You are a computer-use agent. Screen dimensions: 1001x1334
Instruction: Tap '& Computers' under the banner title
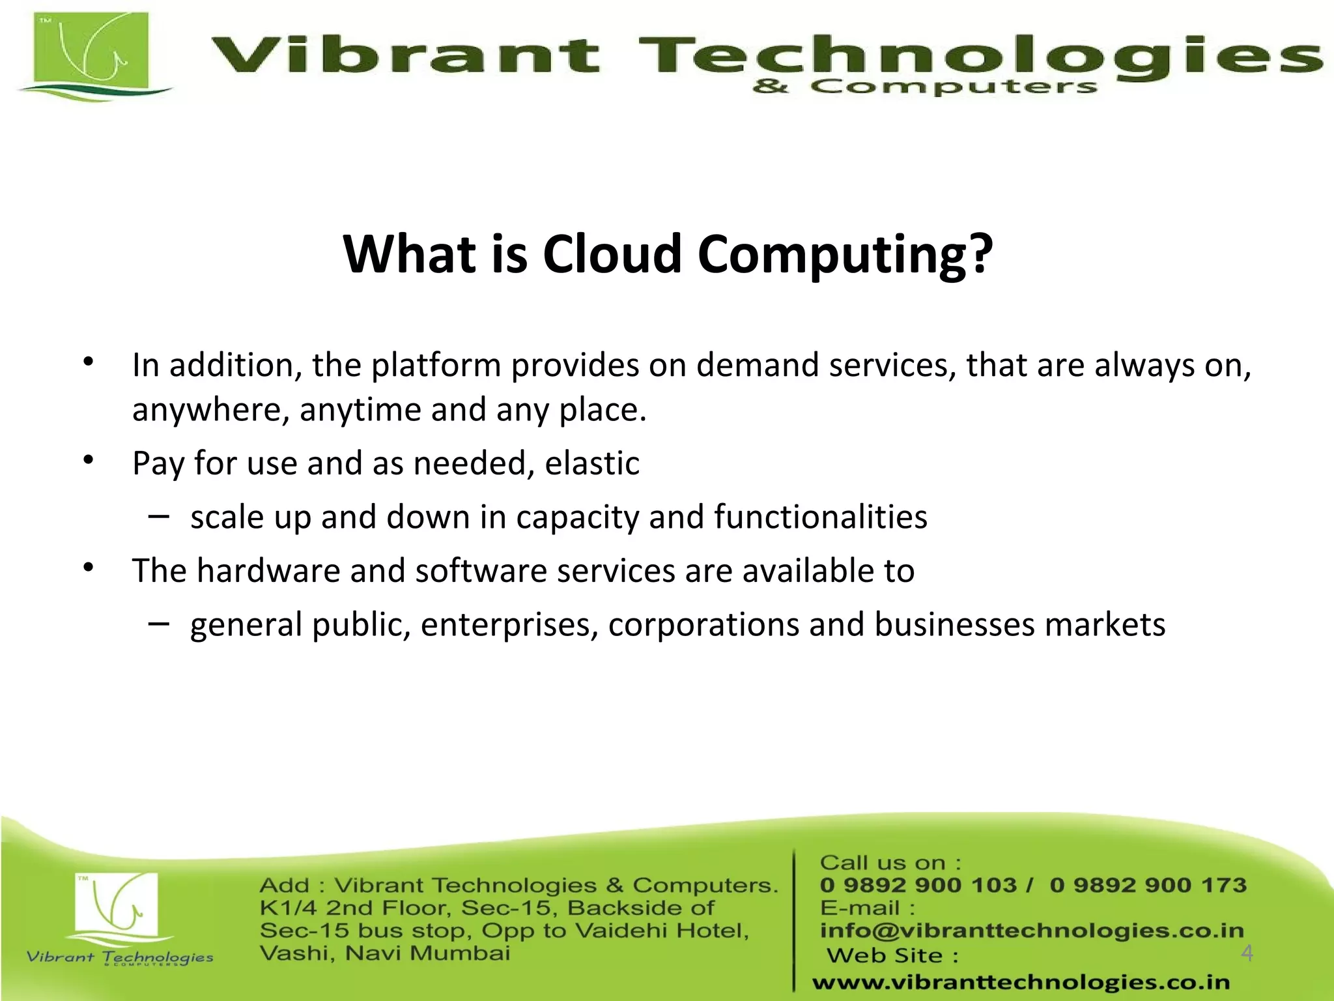coord(924,87)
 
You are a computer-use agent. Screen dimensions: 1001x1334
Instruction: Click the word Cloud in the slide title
coord(612,254)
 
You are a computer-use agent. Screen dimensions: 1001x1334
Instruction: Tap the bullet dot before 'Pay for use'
coord(89,461)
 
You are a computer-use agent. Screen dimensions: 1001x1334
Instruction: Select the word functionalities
coord(820,517)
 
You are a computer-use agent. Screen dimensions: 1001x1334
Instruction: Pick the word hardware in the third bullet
coord(268,571)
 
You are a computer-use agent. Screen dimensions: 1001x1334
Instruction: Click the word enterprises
coord(509,624)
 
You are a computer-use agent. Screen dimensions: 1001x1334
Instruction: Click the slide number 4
coord(1247,953)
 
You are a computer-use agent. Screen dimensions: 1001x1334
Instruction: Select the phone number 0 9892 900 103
coord(918,885)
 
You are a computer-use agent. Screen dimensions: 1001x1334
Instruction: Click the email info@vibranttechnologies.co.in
coord(1031,931)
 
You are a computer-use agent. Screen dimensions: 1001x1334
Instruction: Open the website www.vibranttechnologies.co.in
coord(1021,982)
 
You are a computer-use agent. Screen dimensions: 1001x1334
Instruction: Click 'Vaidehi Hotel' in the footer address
coord(661,931)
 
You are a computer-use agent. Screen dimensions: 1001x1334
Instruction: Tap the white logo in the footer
coord(117,906)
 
